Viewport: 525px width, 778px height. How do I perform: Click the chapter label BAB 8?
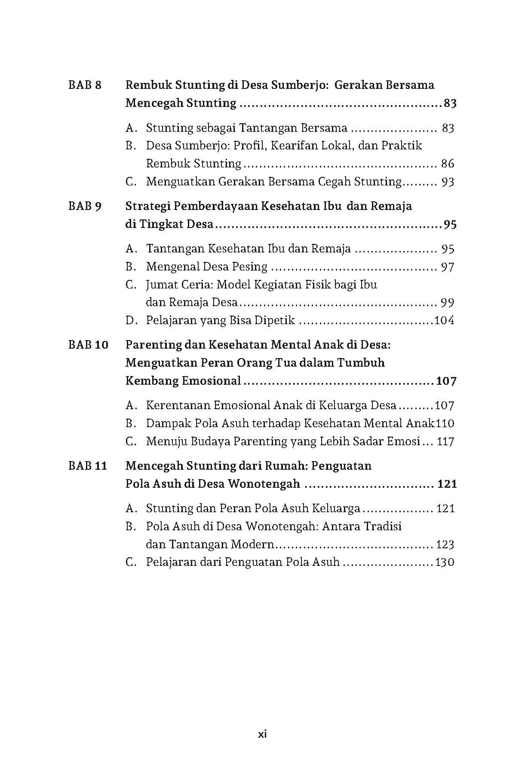pos(85,85)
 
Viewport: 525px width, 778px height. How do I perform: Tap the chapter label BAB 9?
pos(85,207)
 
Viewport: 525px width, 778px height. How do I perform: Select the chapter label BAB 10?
pos(88,345)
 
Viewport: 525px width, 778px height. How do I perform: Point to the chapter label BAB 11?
pos(88,466)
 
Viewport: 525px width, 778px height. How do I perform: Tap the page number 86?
pos(448,164)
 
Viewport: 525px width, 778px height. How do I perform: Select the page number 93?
pos(448,182)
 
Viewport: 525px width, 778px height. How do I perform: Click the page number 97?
pos(448,267)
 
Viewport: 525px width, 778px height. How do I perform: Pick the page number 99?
pos(448,303)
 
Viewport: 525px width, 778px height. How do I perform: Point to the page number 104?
pos(445,321)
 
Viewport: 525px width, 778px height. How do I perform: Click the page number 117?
pos(445,442)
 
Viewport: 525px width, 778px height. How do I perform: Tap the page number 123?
pos(445,545)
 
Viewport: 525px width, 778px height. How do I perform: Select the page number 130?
pos(445,562)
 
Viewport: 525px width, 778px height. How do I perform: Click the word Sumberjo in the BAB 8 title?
pos(296,85)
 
